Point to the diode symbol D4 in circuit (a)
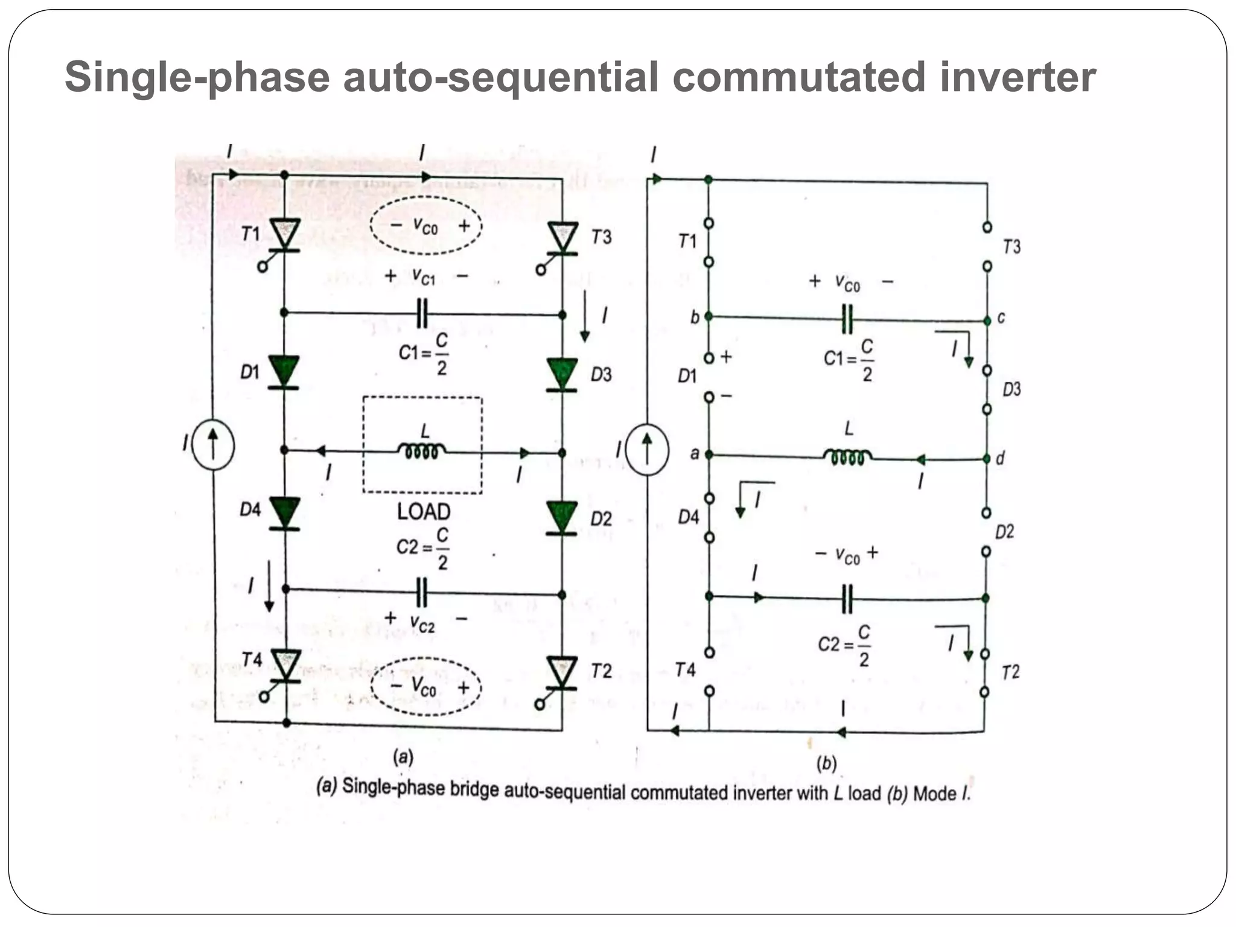(x=284, y=513)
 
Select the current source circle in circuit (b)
(x=647, y=450)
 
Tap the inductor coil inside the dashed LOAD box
(x=422, y=451)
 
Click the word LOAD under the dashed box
(x=424, y=512)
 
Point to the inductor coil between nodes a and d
(x=847, y=457)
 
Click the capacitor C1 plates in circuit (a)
(x=422, y=313)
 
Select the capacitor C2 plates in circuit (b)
(x=847, y=599)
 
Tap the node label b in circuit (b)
(x=695, y=317)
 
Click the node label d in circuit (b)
(x=1000, y=459)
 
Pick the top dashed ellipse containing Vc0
(x=425, y=225)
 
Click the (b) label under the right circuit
(x=826, y=764)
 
